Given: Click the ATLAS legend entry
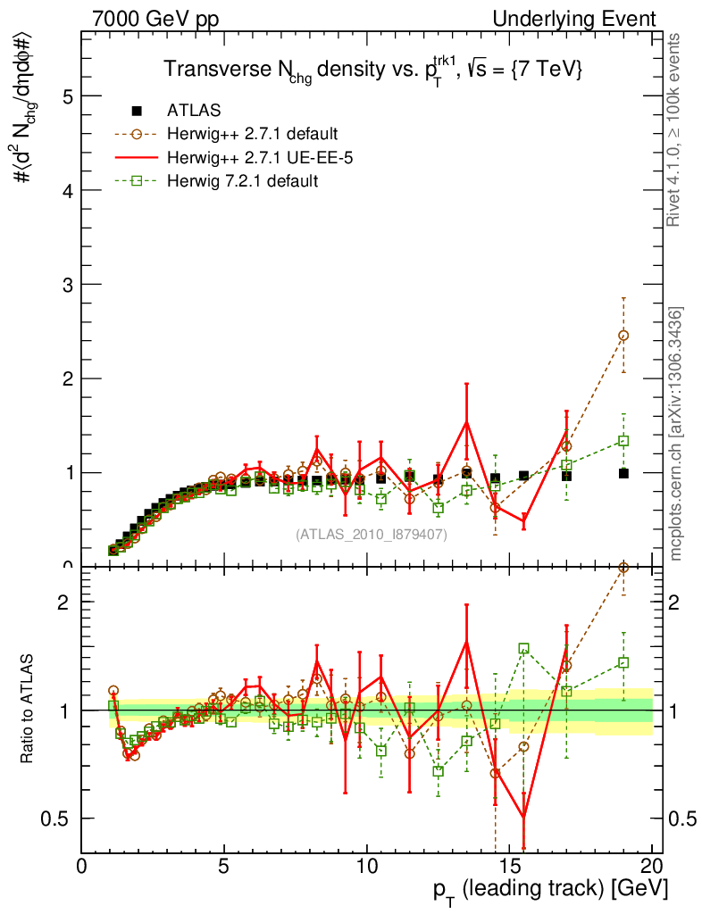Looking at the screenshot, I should (194, 111).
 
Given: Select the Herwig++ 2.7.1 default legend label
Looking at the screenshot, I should (252, 135).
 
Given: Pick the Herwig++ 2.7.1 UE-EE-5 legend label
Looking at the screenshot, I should (256, 158).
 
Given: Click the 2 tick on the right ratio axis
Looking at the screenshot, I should (676, 602).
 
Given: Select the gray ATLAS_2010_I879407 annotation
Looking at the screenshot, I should (372, 534).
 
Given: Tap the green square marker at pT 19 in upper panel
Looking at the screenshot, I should (623, 441).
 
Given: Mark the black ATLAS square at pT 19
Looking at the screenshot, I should (623, 473).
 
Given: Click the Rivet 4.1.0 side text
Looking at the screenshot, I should (676, 129).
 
